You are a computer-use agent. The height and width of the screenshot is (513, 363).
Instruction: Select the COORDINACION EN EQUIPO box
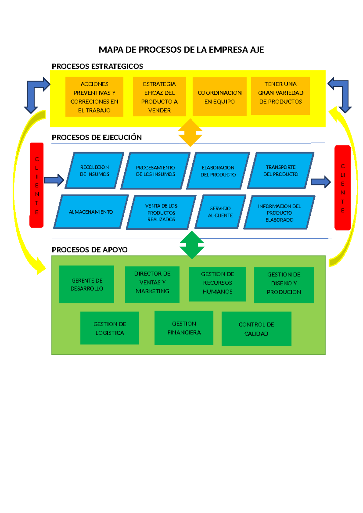pyautogui.click(x=220, y=97)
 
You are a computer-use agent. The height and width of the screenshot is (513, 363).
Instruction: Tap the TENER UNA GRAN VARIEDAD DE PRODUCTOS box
pyautogui.click(x=280, y=96)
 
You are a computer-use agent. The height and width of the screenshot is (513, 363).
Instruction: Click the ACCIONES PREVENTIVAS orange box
pyautogui.click(x=94, y=97)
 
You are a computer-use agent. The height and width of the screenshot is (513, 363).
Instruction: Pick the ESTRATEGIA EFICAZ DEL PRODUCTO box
pyautogui.click(x=159, y=97)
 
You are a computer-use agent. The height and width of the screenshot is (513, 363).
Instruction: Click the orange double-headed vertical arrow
pyautogui.click(x=190, y=132)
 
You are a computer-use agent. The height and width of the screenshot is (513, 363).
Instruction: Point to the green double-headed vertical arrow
pyautogui.click(x=192, y=245)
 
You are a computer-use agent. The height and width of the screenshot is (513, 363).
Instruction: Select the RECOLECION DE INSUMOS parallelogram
pyautogui.click(x=95, y=171)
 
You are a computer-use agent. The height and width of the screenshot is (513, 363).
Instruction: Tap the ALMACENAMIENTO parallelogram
pyautogui.click(x=91, y=212)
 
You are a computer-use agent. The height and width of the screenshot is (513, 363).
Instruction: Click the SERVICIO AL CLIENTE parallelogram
pyautogui.click(x=220, y=212)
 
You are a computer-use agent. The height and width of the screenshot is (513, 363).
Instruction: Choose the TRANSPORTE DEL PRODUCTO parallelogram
pyautogui.click(x=281, y=171)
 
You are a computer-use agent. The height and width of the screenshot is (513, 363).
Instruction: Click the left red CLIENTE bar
pyautogui.click(x=37, y=185)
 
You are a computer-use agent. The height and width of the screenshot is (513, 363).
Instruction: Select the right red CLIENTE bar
pyautogui.click(x=342, y=188)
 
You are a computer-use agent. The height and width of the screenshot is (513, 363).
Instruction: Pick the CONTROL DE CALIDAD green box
pyautogui.click(x=256, y=329)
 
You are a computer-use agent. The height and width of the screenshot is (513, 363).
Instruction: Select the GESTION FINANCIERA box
pyautogui.click(x=184, y=328)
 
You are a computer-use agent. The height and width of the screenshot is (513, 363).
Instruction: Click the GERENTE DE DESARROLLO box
pyautogui.click(x=87, y=284)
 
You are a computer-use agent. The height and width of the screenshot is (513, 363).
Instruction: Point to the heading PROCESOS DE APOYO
pyautogui.click(x=90, y=250)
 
